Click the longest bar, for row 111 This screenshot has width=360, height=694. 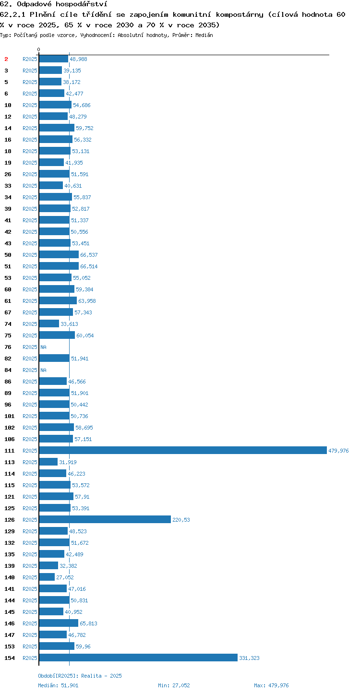click(183, 450)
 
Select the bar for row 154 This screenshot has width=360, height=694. click(138, 658)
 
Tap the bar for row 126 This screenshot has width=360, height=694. click(105, 519)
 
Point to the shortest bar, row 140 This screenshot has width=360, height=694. click(47, 577)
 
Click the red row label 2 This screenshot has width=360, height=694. click(6, 59)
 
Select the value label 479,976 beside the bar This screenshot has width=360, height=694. click(338, 451)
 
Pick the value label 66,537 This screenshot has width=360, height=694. click(89, 255)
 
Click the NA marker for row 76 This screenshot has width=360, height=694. click(43, 347)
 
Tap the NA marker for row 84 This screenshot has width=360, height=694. click(43, 370)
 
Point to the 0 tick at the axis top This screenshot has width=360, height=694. click(39, 49)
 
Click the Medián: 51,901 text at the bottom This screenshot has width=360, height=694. click(58, 685)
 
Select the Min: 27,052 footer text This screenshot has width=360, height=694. click(174, 685)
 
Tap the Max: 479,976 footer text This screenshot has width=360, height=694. click(271, 685)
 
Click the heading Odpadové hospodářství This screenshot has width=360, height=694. click(62, 4)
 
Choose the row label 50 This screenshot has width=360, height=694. click(8, 255)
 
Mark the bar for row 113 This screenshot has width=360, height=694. click(48, 462)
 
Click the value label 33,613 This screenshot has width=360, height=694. click(70, 324)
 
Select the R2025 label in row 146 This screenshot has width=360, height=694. click(30, 623)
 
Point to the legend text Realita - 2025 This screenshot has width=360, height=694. click(102, 676)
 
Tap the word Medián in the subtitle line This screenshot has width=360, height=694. click(204, 35)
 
